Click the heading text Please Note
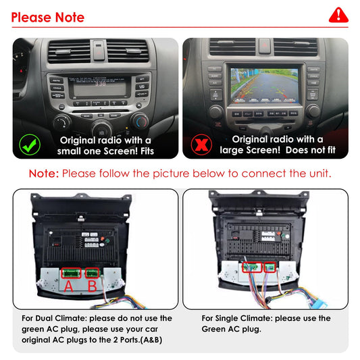click(48, 17)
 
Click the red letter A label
click(68, 286)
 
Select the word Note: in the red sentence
click(44, 174)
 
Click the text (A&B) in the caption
click(147, 340)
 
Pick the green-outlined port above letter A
click(70, 273)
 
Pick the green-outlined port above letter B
click(92, 273)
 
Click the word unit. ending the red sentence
click(317, 174)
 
